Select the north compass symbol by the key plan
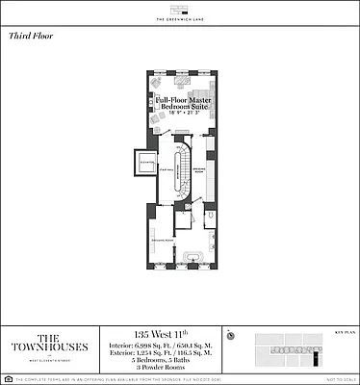(x=231, y=336)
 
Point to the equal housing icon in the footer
(x=8, y=378)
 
